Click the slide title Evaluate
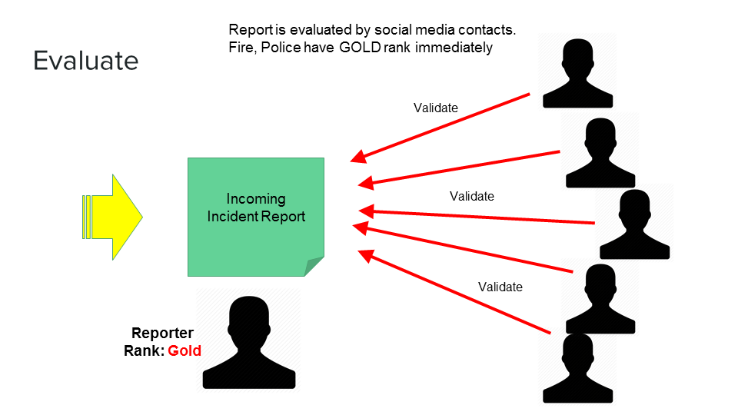point(85,61)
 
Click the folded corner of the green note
point(314,267)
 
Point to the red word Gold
point(184,350)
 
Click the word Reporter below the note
point(162,334)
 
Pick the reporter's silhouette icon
point(248,341)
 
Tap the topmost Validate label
point(436,108)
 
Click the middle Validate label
point(472,196)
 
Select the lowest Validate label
point(500,287)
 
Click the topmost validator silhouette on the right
point(577,71)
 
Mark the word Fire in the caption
point(240,47)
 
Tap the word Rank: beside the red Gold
point(145,350)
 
